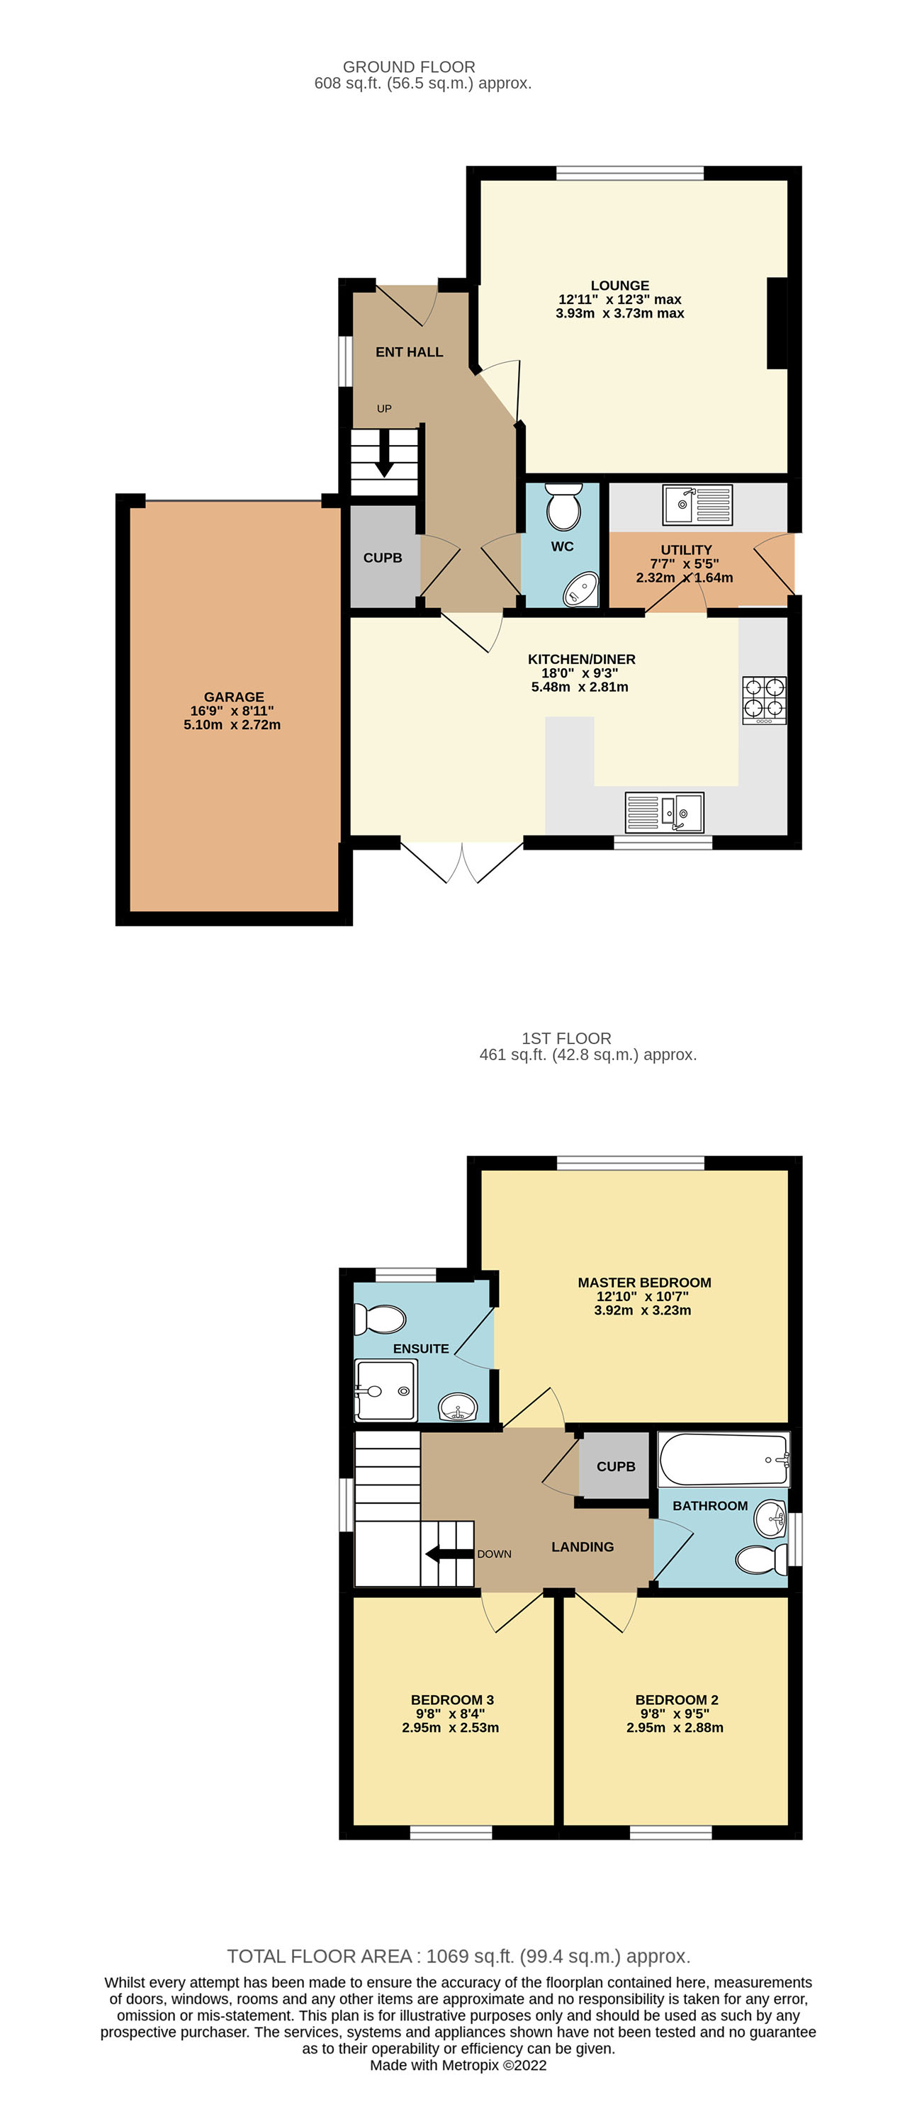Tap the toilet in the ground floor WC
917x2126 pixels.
(x=564, y=507)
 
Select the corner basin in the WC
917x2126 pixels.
(x=581, y=590)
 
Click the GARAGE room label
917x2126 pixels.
(x=234, y=697)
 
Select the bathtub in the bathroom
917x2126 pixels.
(x=723, y=1459)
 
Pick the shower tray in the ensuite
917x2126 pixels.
(x=385, y=1390)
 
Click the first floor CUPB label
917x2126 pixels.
(x=616, y=1466)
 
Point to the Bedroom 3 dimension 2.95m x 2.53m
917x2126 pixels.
(x=450, y=1728)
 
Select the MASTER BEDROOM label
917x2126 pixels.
(x=643, y=1282)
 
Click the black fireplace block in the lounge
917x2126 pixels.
(x=777, y=322)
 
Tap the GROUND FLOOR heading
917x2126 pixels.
(x=409, y=67)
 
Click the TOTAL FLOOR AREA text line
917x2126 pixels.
(x=458, y=1956)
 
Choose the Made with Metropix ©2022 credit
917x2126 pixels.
(x=458, y=2065)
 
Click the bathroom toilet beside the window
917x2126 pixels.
(x=760, y=1559)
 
